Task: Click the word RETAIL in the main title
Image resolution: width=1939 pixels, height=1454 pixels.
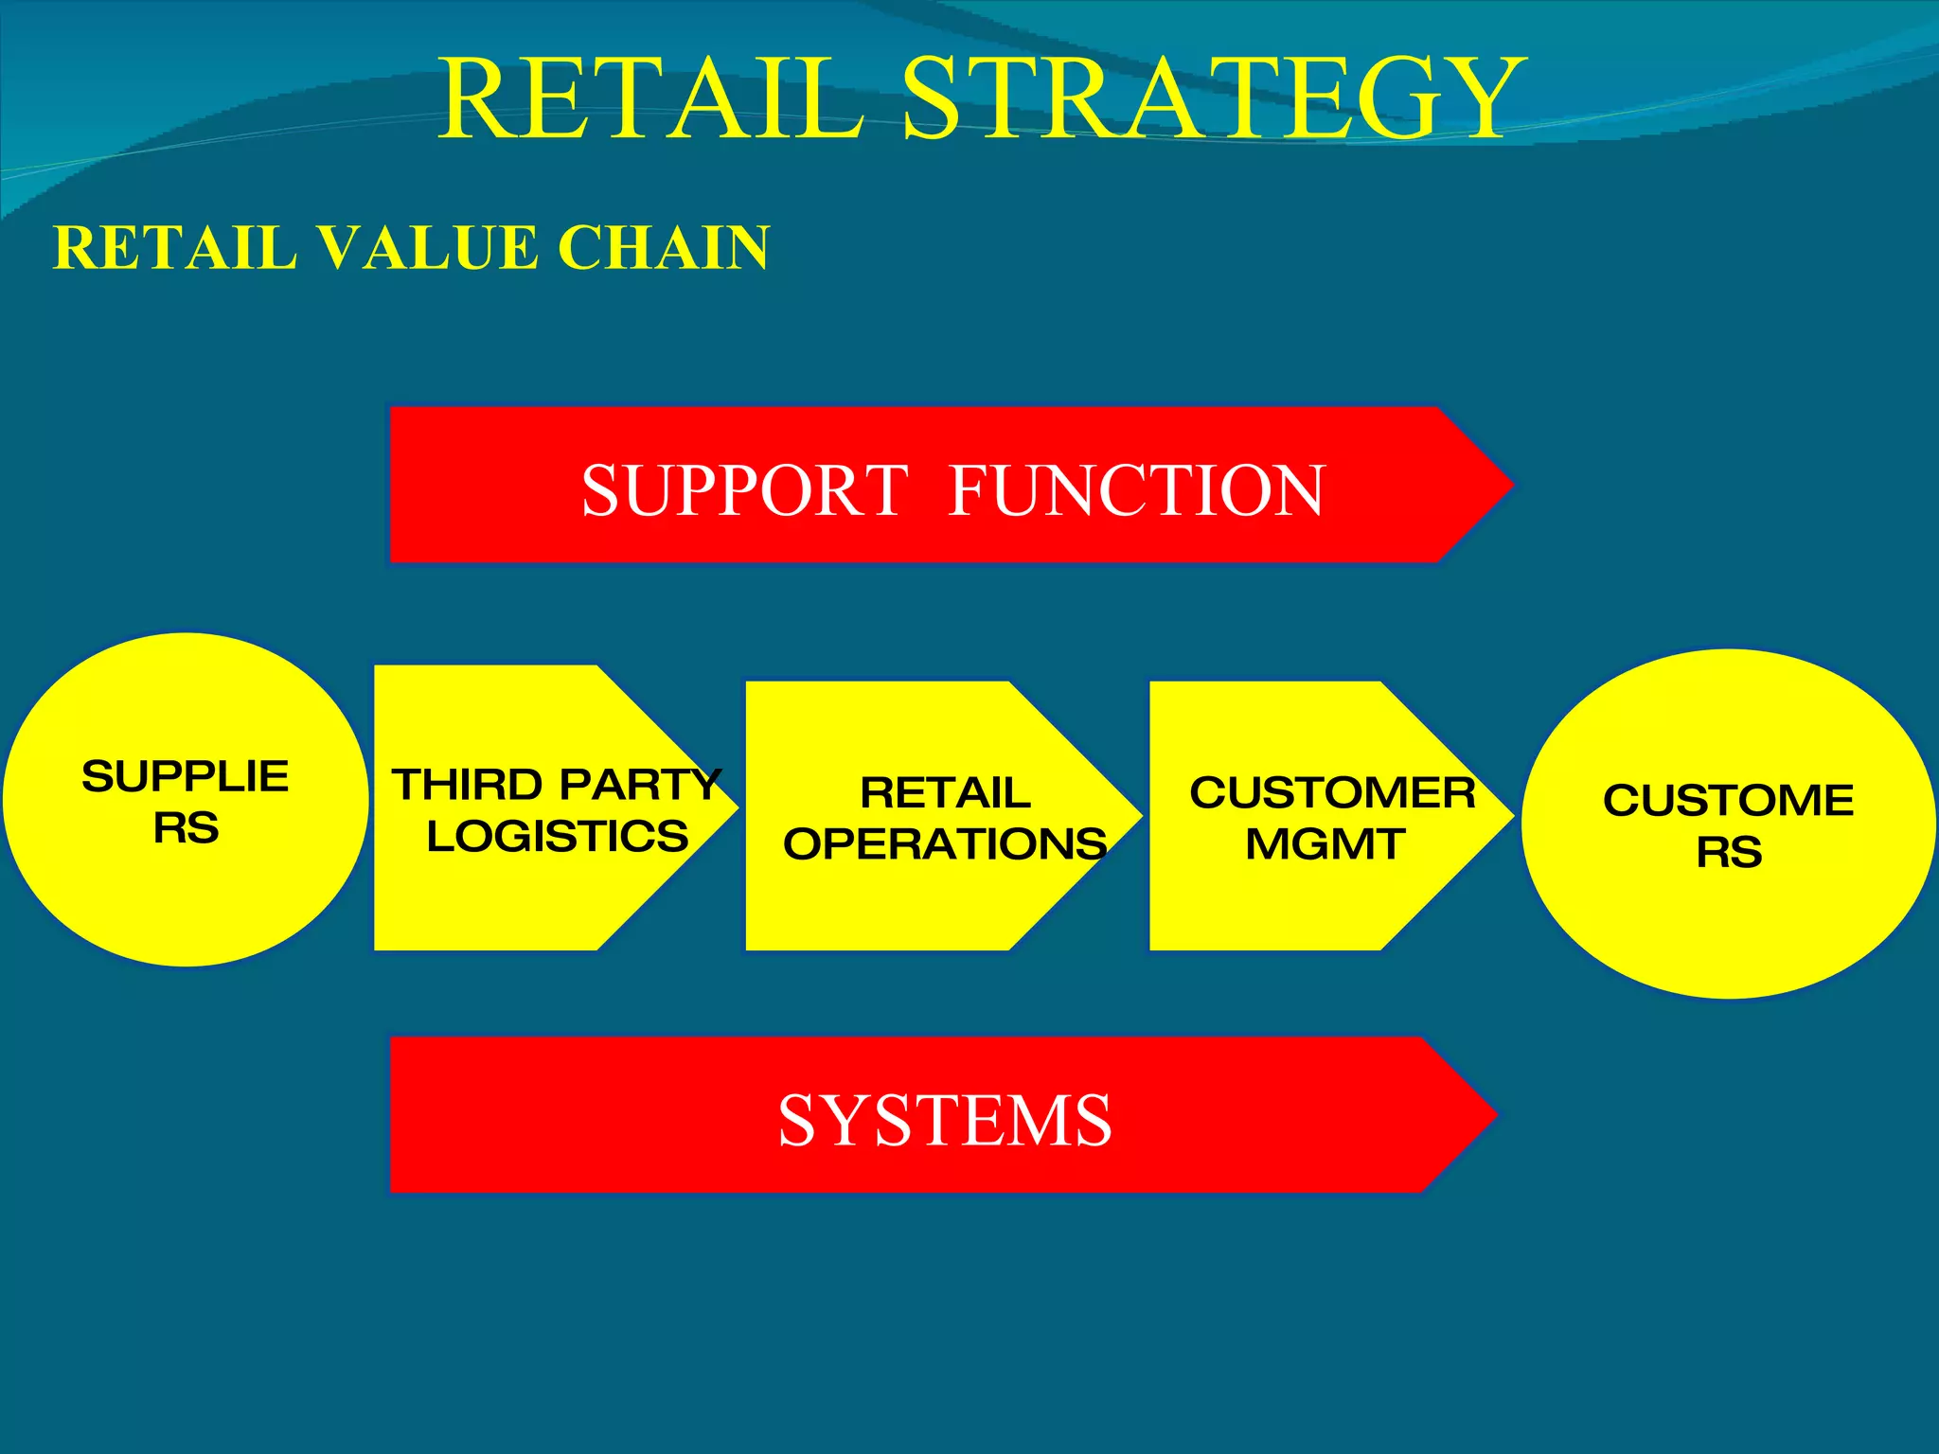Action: click(x=651, y=98)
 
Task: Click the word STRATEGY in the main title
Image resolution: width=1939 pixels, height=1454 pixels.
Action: click(x=1214, y=98)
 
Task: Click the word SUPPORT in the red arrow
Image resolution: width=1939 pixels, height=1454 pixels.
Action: click(x=745, y=490)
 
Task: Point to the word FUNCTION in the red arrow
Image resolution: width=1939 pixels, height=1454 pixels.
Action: click(x=1136, y=490)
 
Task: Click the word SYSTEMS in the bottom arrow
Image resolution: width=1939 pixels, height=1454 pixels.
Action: click(x=945, y=1121)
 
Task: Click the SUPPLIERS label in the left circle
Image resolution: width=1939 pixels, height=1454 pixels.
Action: click(x=186, y=801)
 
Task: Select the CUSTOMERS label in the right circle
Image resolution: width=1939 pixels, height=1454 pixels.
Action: click(x=1729, y=825)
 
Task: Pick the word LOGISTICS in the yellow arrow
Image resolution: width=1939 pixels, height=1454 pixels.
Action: click(x=558, y=836)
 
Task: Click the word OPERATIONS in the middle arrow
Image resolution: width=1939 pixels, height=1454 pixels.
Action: click(x=945, y=843)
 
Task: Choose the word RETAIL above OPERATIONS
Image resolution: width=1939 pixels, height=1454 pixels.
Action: click(x=945, y=792)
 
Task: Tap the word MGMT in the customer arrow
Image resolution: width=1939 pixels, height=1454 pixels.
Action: click(x=1325, y=843)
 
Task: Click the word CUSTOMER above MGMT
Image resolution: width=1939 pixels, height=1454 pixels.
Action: click(x=1332, y=792)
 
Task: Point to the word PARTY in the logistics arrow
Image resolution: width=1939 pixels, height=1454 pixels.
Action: click(x=640, y=785)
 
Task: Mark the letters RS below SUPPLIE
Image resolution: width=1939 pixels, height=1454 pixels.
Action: click(x=186, y=828)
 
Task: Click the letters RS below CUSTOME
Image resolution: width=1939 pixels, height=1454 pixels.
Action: click(x=1729, y=852)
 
